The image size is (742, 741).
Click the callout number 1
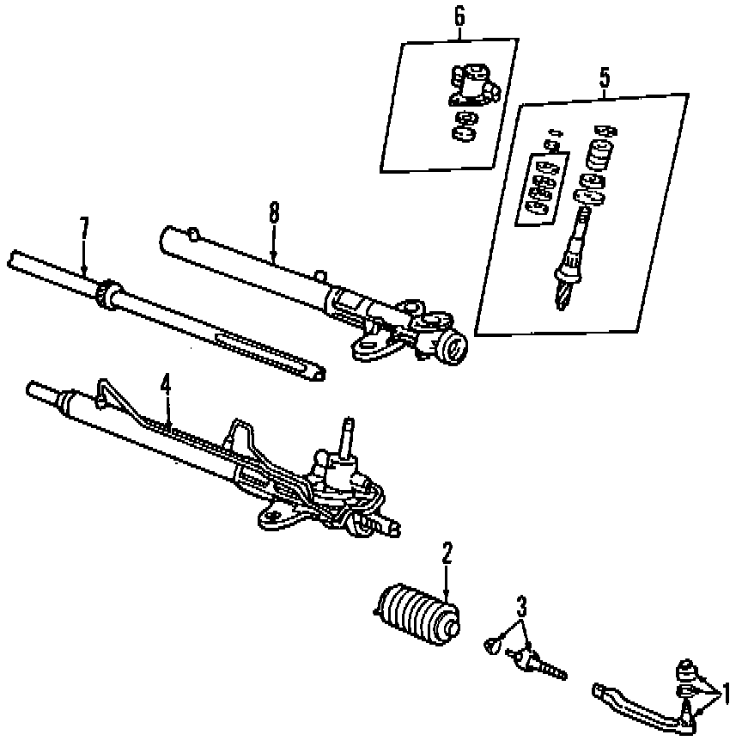[x=726, y=692]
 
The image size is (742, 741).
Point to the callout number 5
[x=604, y=77]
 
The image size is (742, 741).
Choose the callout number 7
[x=83, y=228]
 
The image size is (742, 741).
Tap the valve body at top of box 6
[x=470, y=86]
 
